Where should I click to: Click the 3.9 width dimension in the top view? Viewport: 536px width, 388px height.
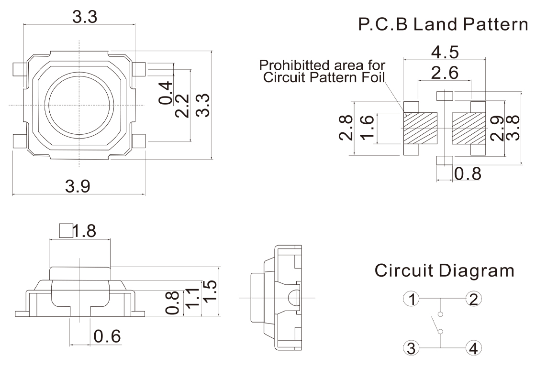(x=78, y=186)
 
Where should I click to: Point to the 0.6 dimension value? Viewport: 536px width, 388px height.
(x=107, y=336)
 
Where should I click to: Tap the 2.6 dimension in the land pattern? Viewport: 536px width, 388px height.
(x=445, y=73)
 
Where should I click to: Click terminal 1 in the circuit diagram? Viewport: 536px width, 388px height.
(x=411, y=300)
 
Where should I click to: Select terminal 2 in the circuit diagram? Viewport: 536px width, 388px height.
(x=473, y=300)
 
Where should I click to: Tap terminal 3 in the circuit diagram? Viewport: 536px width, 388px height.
(x=411, y=348)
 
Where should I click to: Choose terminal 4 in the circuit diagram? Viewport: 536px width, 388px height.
(x=473, y=348)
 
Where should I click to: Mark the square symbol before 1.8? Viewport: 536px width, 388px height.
(x=65, y=231)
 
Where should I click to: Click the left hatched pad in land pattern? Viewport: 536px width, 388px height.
(x=421, y=128)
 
